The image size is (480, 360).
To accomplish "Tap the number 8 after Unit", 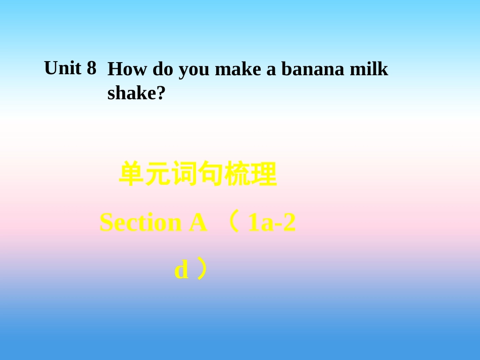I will (91, 68).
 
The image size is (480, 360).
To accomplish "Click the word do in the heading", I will (163, 69).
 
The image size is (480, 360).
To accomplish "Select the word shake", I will (132, 93).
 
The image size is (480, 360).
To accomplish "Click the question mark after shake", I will (162, 93).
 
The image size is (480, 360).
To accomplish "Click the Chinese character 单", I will (131, 175).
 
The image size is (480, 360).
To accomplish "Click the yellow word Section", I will (141, 223).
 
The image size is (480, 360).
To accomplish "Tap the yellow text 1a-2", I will (271, 223).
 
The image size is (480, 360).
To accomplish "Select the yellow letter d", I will (181, 270).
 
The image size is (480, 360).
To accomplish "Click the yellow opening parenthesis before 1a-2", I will (233, 223).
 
